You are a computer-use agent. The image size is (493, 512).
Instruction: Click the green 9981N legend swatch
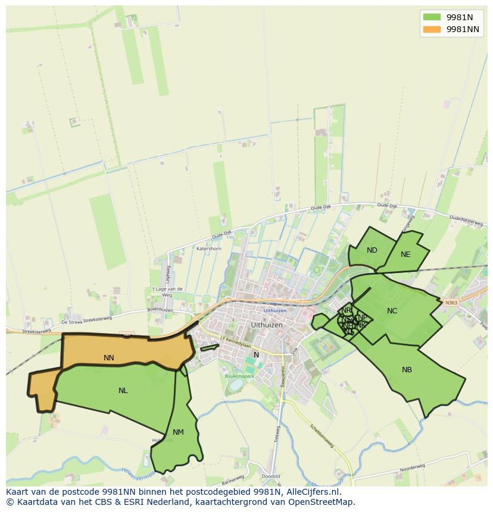pos(432,17)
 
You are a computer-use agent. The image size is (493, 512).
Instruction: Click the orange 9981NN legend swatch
pos(432,29)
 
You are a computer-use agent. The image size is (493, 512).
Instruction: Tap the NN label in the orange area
pos(108,358)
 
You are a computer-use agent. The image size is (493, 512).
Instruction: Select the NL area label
pos(123,391)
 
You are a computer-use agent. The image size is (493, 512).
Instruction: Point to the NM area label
pos(178,432)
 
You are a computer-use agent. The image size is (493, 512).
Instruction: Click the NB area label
pos(407,370)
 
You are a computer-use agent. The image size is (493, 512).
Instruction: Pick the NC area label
pos(392,311)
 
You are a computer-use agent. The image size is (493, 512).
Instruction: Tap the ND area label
pos(372,250)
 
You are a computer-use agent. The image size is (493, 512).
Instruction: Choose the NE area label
pos(405,255)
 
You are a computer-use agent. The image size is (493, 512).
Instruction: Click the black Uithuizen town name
pos(267,325)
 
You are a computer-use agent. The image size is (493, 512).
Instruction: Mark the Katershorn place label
pos(209,249)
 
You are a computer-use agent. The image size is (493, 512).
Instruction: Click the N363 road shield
pos(451,303)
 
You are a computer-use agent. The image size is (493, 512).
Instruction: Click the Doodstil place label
pos(270,477)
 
